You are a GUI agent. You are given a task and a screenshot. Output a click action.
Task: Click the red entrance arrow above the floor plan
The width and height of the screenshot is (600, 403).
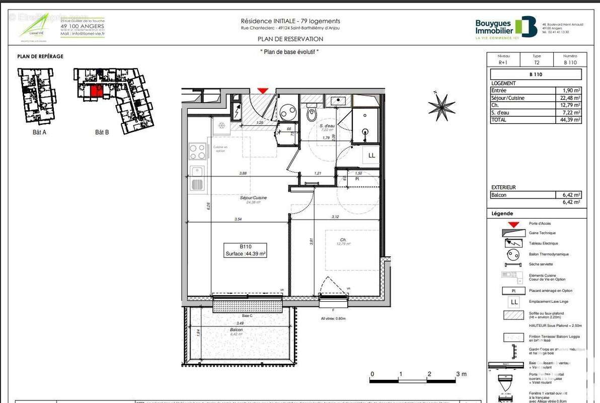pos(263,90)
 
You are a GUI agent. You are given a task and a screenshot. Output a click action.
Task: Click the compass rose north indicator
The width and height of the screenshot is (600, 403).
pos(441,106)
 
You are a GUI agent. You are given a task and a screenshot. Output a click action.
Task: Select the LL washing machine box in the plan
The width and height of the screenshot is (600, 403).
pos(371,156)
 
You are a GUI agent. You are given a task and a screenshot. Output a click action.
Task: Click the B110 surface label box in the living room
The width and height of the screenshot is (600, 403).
pos(246,250)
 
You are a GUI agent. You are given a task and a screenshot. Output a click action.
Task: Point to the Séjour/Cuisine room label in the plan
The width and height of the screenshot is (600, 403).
pos(253,198)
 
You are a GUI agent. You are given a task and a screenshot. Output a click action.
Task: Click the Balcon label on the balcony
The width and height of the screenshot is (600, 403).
pos(236,330)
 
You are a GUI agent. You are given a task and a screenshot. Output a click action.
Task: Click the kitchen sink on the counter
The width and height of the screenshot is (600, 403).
pos(197,178)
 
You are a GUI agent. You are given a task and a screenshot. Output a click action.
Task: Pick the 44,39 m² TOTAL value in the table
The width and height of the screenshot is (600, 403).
pos(571,120)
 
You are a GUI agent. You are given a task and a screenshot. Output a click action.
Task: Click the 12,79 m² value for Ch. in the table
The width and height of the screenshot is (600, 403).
pos(571,105)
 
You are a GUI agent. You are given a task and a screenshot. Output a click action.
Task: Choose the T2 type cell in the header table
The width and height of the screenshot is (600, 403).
pos(537,62)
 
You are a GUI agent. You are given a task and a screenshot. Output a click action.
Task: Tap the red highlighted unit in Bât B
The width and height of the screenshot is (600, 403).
pos(94,91)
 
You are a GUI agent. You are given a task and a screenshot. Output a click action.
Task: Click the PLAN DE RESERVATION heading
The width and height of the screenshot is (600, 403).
pos(290,39)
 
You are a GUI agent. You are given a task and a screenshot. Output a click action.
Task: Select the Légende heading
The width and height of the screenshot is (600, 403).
pos(502,214)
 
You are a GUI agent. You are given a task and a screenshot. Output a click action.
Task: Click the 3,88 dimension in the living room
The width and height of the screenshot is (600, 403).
pos(243,173)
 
